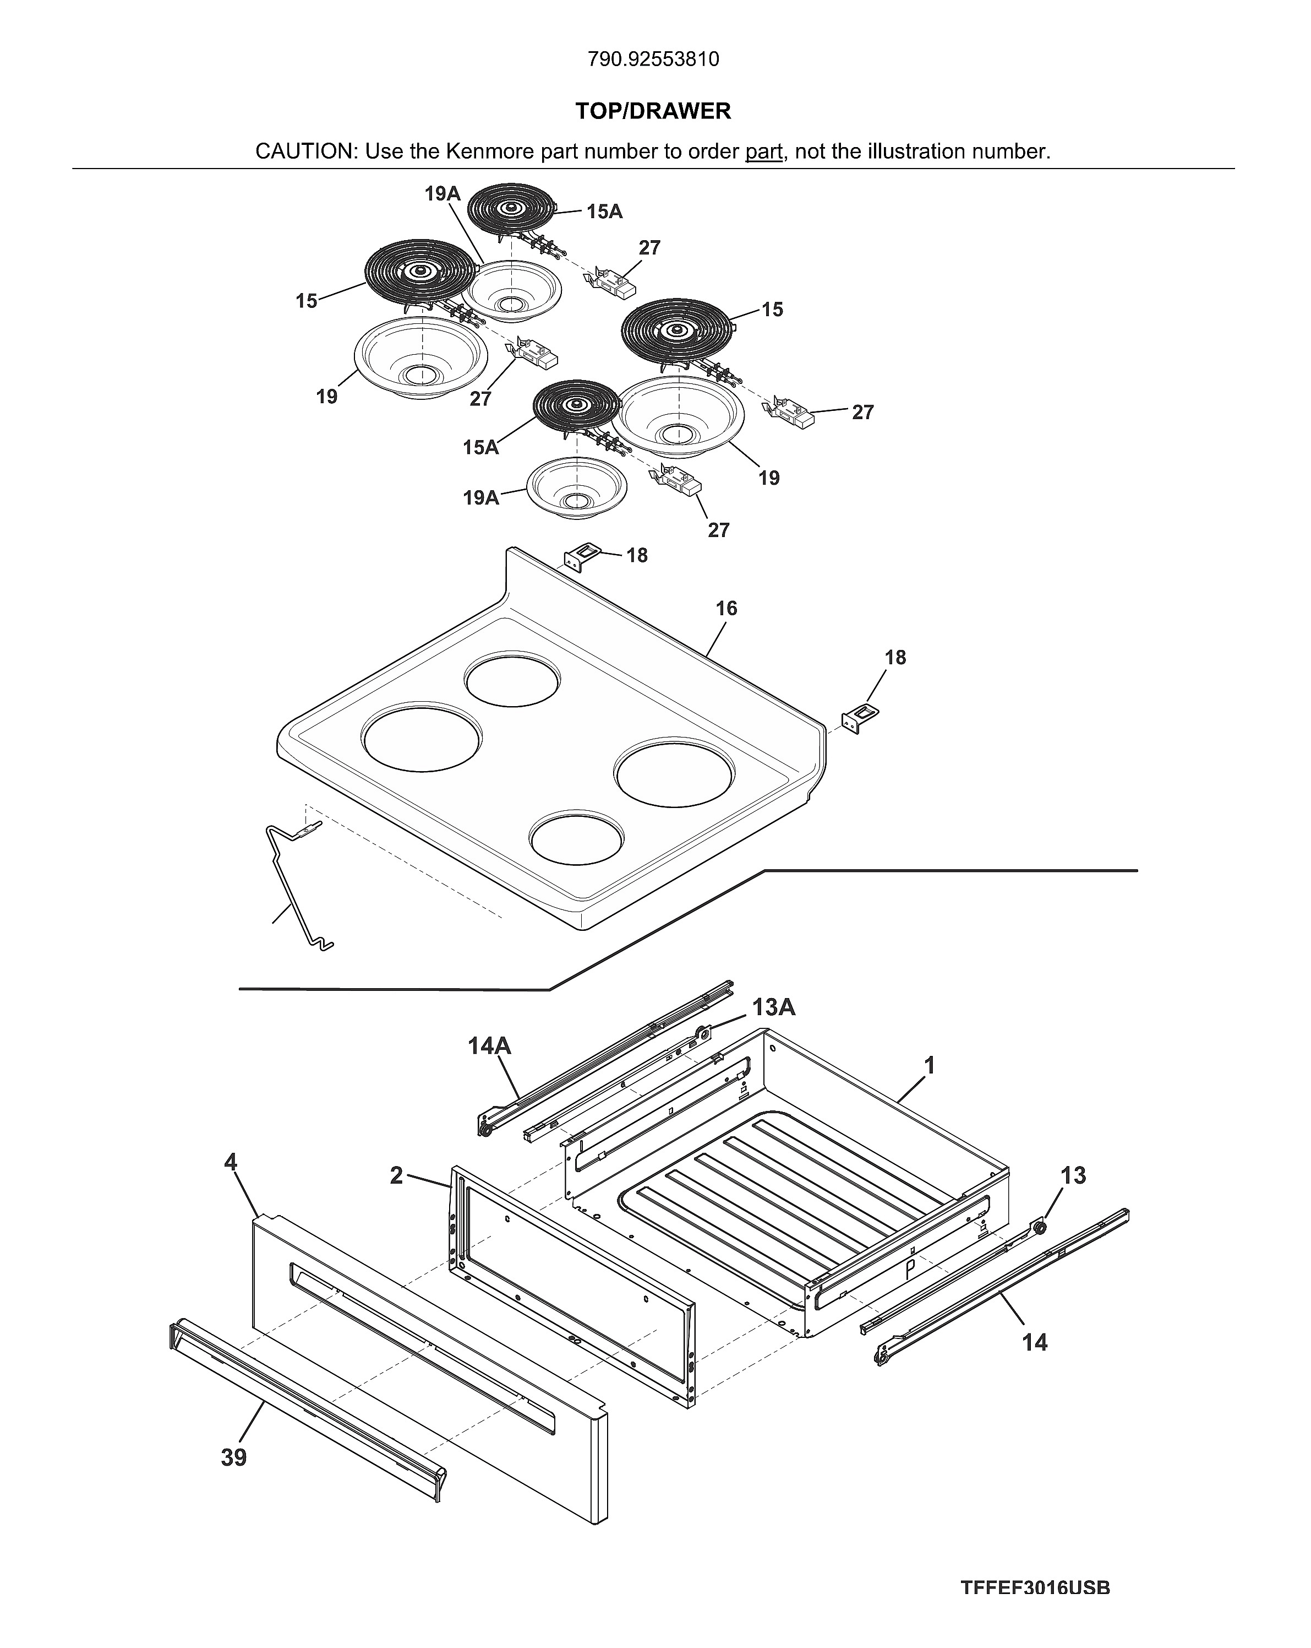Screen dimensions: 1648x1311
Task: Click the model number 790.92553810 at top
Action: pyautogui.click(x=653, y=59)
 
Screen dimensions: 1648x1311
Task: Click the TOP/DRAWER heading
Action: pyautogui.click(x=653, y=112)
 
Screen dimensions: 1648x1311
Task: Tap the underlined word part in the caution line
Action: pyautogui.click(x=763, y=152)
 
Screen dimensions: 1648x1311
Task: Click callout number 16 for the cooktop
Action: pyautogui.click(x=726, y=609)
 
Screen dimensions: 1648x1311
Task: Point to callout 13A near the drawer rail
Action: pyautogui.click(x=773, y=1007)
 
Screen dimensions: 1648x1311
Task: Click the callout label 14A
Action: pyautogui.click(x=489, y=1045)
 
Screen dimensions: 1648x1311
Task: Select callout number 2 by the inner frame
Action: pyautogui.click(x=396, y=1175)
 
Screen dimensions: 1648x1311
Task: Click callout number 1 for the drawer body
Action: pyautogui.click(x=929, y=1066)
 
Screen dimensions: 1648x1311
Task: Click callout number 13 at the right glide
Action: pyautogui.click(x=1073, y=1175)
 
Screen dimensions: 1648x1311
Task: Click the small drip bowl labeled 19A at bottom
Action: pyautogui.click(x=576, y=489)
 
